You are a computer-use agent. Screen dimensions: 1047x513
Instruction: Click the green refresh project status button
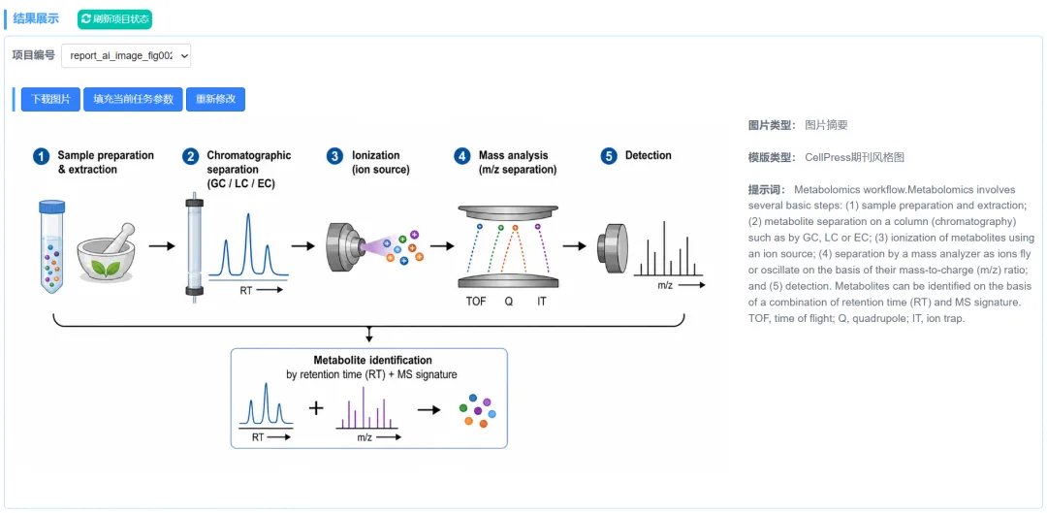point(114,19)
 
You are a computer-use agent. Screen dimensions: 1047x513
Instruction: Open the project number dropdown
point(126,56)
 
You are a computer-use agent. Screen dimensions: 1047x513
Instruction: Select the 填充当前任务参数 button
point(133,100)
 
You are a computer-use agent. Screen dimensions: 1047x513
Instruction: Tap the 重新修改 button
point(215,100)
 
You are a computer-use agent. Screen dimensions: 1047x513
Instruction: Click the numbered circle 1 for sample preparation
point(42,157)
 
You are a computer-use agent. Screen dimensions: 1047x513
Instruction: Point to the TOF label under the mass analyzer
point(476,302)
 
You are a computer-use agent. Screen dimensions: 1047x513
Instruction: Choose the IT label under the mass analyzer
point(542,302)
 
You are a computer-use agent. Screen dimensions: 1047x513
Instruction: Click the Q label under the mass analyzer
point(509,302)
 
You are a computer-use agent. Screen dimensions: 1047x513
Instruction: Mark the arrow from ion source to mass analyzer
point(442,245)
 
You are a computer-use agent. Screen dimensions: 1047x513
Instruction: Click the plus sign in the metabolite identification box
point(316,407)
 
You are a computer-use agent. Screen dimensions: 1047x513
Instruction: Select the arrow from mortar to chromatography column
point(161,245)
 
